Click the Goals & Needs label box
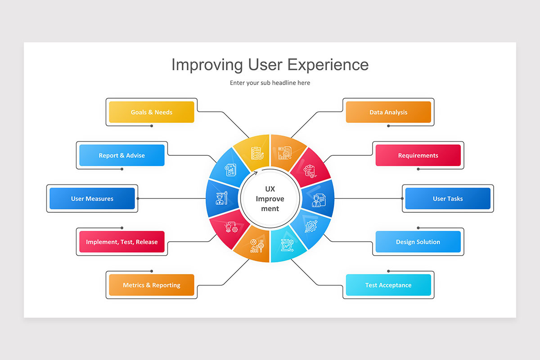pos(152,112)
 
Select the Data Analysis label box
pos(388,112)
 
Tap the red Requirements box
pos(418,155)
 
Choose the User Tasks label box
pos(448,198)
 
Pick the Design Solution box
pos(418,242)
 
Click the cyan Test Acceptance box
pos(388,285)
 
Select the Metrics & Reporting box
pos(152,285)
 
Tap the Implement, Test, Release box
pos(122,242)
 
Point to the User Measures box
pos(92,198)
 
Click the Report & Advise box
pos(122,155)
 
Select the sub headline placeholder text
pos(270,83)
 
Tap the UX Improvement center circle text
pos(270,198)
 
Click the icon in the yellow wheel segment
pos(257,153)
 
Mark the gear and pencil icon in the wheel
pos(311,225)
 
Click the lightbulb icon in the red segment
pos(231,226)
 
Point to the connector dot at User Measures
pos(138,198)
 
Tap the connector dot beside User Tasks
pos(402,198)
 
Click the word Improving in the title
pos(207,64)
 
